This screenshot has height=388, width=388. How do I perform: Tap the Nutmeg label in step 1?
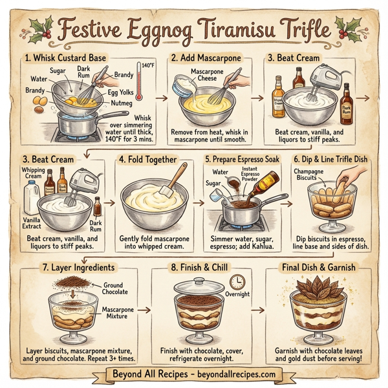(120, 102)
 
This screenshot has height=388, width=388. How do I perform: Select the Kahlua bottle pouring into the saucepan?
(265, 183)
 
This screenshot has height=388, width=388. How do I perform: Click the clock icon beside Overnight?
(237, 281)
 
